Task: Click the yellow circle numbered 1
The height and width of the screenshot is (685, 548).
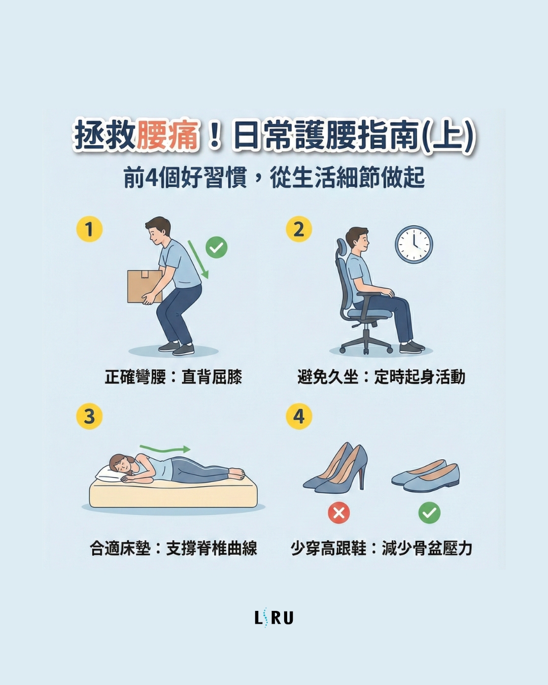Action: tap(89, 229)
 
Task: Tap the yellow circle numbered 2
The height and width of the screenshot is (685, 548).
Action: tap(299, 229)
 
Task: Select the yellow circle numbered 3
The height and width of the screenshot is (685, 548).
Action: tap(89, 416)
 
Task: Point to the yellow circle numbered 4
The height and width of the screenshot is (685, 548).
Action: tap(299, 416)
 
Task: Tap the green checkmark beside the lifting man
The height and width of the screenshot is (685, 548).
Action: tap(217, 248)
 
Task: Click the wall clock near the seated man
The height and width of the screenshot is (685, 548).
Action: tap(414, 245)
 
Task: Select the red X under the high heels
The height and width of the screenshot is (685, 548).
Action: tap(339, 512)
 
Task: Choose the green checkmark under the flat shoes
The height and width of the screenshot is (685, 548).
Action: tap(429, 512)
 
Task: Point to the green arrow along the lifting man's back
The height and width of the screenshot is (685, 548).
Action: tap(198, 259)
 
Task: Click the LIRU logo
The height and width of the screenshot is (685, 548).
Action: tap(274, 618)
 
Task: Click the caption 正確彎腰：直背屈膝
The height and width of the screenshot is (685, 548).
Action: tap(174, 377)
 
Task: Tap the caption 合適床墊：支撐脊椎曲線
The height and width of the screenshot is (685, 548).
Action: tap(174, 549)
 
